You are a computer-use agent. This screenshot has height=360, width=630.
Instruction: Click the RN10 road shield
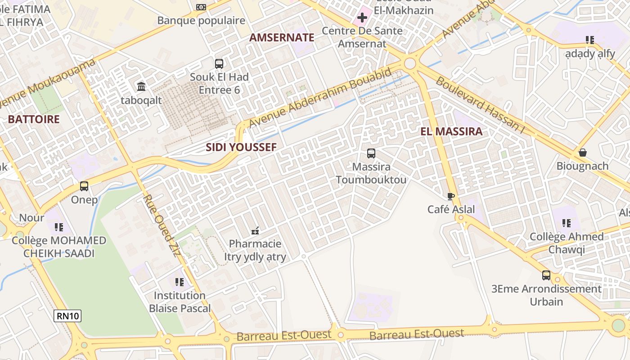pos(67,316)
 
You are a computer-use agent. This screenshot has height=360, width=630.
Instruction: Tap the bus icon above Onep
pos(84,186)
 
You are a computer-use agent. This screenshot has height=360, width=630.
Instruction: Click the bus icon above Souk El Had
pos(219,63)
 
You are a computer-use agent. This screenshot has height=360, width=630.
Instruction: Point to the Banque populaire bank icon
pos(201,7)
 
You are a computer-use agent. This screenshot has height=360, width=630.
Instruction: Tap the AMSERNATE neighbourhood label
pos(282,38)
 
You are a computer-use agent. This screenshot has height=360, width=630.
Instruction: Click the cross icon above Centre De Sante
pos(362,18)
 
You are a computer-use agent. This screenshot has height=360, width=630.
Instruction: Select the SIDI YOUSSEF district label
pos(241,147)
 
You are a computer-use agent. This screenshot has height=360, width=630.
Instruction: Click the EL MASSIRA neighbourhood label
pos(451,132)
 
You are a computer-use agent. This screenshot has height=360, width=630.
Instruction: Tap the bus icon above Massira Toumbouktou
pos(371,153)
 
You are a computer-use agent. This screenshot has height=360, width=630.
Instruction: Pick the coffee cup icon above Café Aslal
pos(451,196)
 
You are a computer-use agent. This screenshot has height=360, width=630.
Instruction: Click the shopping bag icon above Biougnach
pos(583,153)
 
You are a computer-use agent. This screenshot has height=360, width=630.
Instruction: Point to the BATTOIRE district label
pos(34,119)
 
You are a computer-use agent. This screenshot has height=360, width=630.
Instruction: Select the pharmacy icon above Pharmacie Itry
pos(255,231)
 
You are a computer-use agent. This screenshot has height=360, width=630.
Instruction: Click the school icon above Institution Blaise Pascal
pos(180,282)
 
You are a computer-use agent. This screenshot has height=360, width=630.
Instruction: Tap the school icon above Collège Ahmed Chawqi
pos(567,223)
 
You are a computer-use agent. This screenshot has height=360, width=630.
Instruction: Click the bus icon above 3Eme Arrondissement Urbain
pos(546,275)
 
